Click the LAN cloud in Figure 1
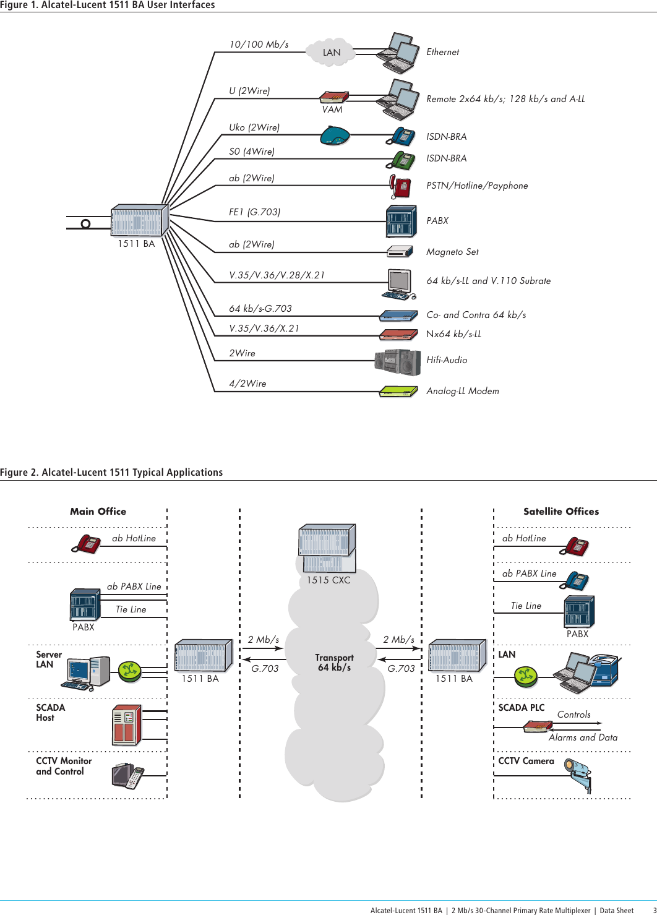(332, 53)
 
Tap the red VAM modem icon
(334, 97)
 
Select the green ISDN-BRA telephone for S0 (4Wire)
(401, 160)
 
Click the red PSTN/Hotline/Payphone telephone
(400, 186)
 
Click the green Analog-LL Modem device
(398, 392)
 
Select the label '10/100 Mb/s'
(259, 45)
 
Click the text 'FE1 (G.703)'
(254, 212)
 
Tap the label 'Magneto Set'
(452, 252)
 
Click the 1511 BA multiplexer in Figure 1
(139, 221)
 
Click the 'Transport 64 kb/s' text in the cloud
(334, 663)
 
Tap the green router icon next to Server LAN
(130, 671)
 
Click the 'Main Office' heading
(98, 512)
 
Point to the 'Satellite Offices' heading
(560, 512)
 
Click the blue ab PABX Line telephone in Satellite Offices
(577, 581)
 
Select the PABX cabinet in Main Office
(85, 605)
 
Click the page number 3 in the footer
(655, 911)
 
